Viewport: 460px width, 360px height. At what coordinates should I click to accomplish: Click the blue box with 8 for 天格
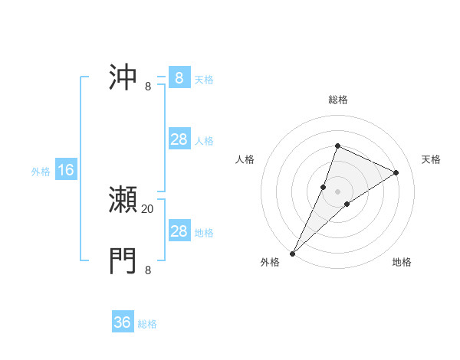coord(179,77)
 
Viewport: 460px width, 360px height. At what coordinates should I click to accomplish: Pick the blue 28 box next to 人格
coord(179,139)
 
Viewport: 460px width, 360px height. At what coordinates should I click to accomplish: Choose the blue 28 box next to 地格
coord(179,231)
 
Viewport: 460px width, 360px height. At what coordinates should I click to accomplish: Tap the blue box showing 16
coord(66,170)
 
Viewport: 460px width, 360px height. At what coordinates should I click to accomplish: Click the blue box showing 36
coord(123,322)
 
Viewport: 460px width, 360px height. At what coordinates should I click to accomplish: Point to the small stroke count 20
coord(148,208)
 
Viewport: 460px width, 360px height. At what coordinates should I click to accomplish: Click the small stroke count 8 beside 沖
coord(148,86)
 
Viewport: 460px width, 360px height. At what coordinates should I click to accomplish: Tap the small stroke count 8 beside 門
coord(148,270)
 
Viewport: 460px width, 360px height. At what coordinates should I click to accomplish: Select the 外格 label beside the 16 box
coord(41,172)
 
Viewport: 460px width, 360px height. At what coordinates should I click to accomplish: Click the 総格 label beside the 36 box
coord(147,324)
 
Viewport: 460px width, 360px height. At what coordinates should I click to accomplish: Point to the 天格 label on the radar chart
coord(431,159)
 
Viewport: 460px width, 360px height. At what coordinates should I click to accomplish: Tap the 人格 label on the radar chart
coord(245,159)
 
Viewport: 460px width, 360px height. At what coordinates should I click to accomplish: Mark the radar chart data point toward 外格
coord(293,253)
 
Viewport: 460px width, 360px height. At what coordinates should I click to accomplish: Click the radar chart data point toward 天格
coord(396,172)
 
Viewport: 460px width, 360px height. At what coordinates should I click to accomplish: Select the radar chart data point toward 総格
coord(337,146)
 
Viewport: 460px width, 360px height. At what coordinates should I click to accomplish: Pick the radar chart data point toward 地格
coord(347,204)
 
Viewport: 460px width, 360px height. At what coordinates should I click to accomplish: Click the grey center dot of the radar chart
coord(337,191)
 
